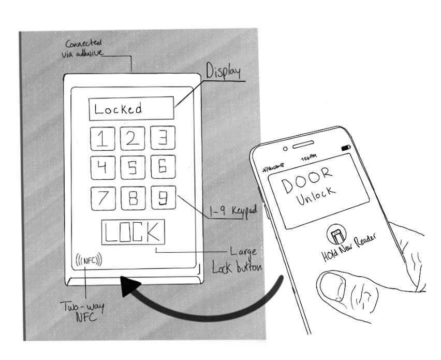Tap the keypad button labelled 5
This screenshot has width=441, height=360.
[x=133, y=167]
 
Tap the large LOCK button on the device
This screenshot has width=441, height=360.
[x=133, y=233]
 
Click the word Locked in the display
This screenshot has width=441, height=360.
[x=119, y=109]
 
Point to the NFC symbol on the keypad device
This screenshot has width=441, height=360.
[x=89, y=258]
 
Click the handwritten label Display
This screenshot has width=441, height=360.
[x=225, y=70]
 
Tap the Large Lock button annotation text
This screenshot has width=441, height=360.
[x=238, y=261]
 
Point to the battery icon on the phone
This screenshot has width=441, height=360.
[x=346, y=149]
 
